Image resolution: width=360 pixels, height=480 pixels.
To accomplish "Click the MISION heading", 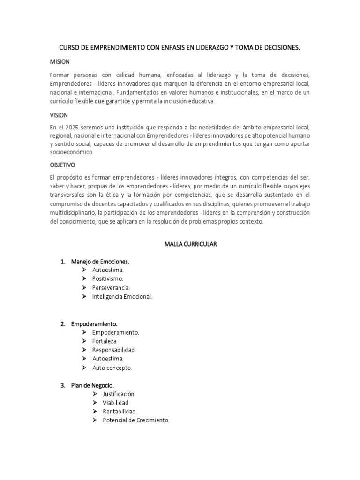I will (x=60, y=61).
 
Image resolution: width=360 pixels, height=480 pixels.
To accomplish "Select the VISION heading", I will (x=59, y=114).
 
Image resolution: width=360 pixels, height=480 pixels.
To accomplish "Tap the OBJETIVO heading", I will (x=62, y=165).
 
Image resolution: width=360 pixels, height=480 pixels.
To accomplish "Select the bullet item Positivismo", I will (x=108, y=278).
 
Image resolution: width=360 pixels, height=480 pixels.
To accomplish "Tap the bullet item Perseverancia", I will (x=111, y=287).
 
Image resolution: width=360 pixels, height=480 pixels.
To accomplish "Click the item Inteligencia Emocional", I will (x=122, y=296).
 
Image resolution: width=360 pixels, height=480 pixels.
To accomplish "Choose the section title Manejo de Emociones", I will (x=100, y=261).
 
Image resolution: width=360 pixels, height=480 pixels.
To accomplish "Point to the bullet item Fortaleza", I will (x=105, y=341).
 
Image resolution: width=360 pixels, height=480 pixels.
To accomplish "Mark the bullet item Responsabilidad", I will (x=114, y=350).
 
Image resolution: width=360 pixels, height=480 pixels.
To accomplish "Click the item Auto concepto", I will (x=112, y=367).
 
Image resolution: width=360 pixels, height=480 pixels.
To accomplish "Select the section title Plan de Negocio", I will (x=92, y=385).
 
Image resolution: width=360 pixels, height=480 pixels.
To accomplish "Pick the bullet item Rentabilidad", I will (x=120, y=412).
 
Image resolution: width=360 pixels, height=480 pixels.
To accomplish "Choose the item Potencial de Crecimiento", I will (x=135, y=420).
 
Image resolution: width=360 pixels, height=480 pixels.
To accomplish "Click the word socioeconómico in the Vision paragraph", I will (x=72, y=152).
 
